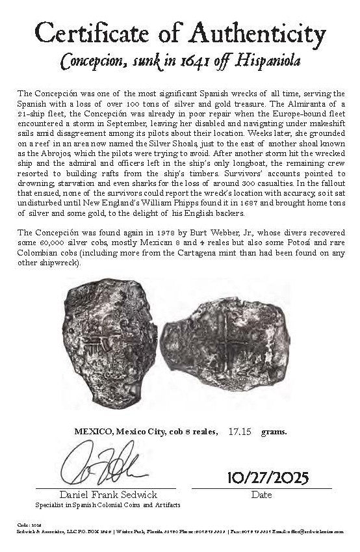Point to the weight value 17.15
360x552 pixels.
point(240,431)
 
